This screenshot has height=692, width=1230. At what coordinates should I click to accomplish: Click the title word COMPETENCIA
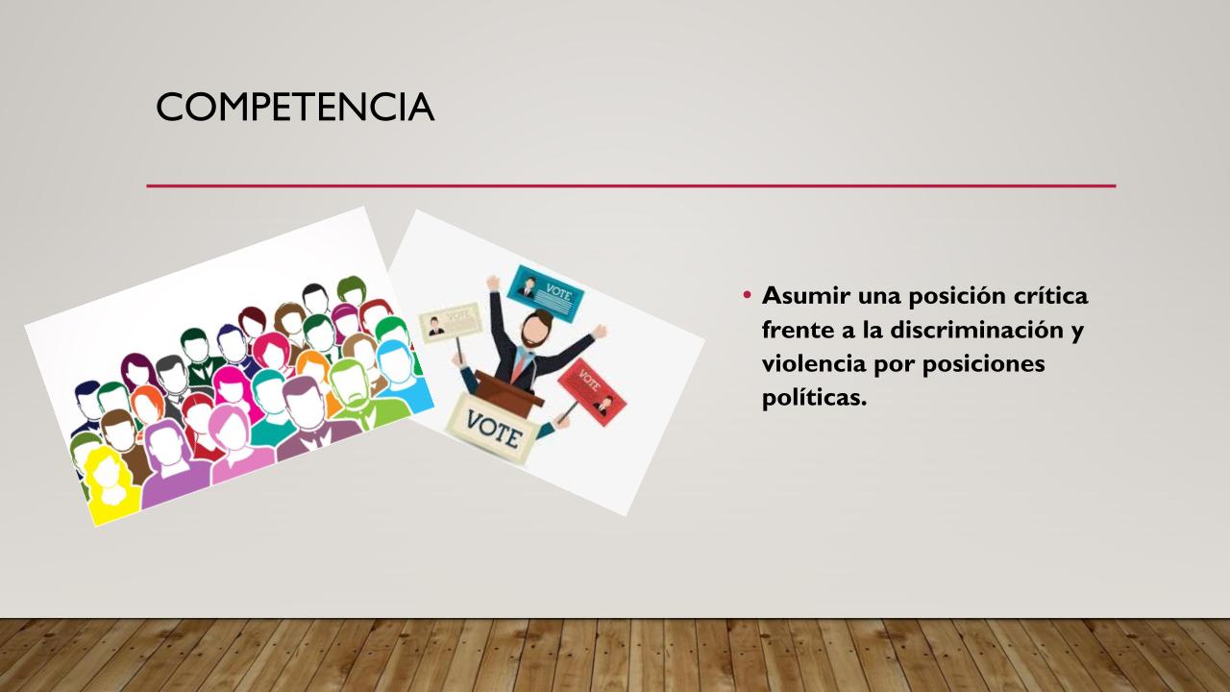pyautogui.click(x=295, y=107)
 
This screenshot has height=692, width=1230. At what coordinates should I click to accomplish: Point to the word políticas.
pyautogui.click(x=814, y=398)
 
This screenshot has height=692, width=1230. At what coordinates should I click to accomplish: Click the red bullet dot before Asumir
pyautogui.click(x=747, y=295)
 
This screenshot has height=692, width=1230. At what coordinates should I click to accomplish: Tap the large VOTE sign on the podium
pyautogui.click(x=493, y=429)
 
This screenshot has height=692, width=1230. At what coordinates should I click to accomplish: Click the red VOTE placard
pyautogui.click(x=593, y=392)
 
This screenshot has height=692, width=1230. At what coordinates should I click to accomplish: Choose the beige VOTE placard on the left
pyautogui.click(x=450, y=322)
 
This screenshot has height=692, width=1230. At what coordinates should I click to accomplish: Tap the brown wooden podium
pyautogui.click(x=508, y=390)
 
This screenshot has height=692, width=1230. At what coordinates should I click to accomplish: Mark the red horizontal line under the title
pyautogui.click(x=631, y=186)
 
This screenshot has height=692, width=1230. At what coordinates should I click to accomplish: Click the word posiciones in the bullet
pyautogui.click(x=983, y=364)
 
